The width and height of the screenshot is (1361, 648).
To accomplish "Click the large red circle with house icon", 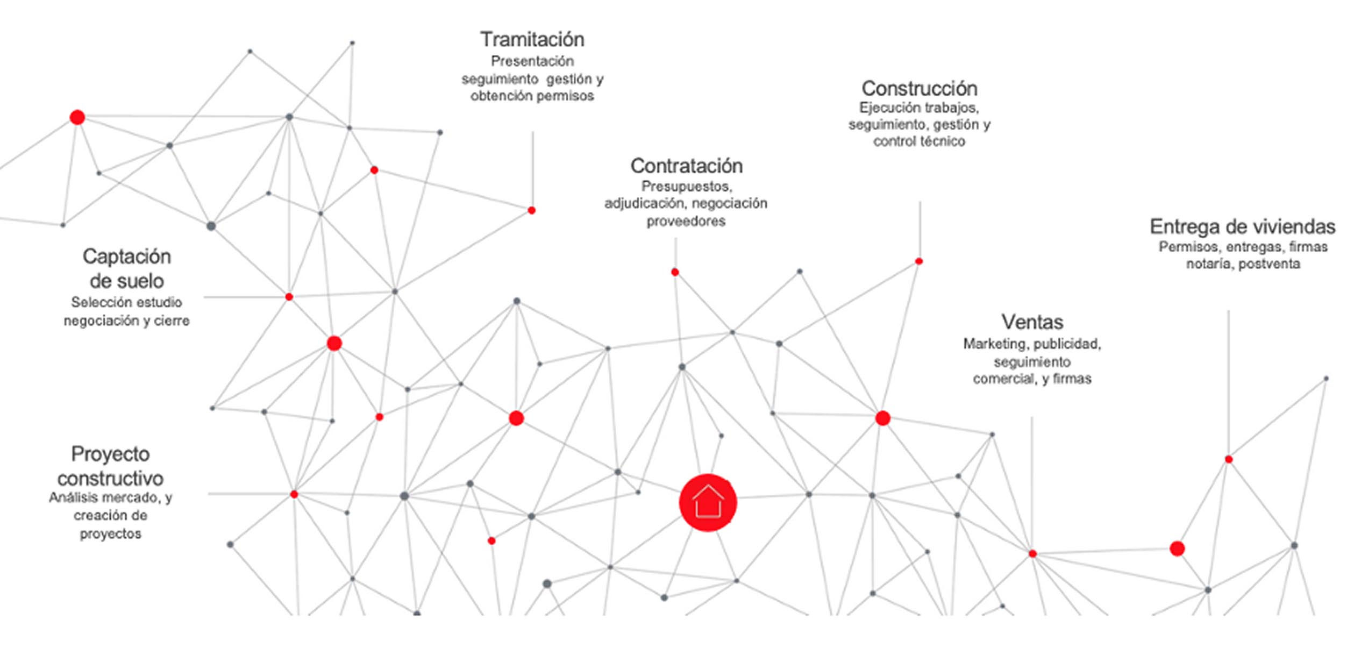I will point(707,502).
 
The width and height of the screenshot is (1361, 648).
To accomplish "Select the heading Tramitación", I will point(532,39).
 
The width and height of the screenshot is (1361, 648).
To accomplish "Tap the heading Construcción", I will point(919,88).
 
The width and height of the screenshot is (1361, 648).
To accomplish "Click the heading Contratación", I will point(686,166).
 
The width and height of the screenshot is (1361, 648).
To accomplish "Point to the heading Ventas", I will point(1032,322).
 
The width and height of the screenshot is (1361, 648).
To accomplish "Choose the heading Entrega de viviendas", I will point(1242,226).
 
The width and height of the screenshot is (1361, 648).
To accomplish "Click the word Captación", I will point(126,257).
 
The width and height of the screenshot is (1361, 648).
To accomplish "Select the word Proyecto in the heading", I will point(110,454).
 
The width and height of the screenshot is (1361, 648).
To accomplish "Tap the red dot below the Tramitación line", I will point(531,210).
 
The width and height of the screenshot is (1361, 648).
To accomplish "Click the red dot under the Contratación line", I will point(675,272).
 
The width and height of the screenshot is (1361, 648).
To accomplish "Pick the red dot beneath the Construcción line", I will point(919,261).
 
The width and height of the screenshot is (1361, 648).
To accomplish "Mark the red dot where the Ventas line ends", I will point(1032,553).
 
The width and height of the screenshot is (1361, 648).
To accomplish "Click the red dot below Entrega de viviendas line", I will point(1228,459).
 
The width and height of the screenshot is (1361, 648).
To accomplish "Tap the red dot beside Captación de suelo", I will point(289,297).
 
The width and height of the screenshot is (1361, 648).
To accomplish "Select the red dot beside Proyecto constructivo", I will point(294,494).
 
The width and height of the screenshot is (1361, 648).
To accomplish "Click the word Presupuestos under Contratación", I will point(686,187).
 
